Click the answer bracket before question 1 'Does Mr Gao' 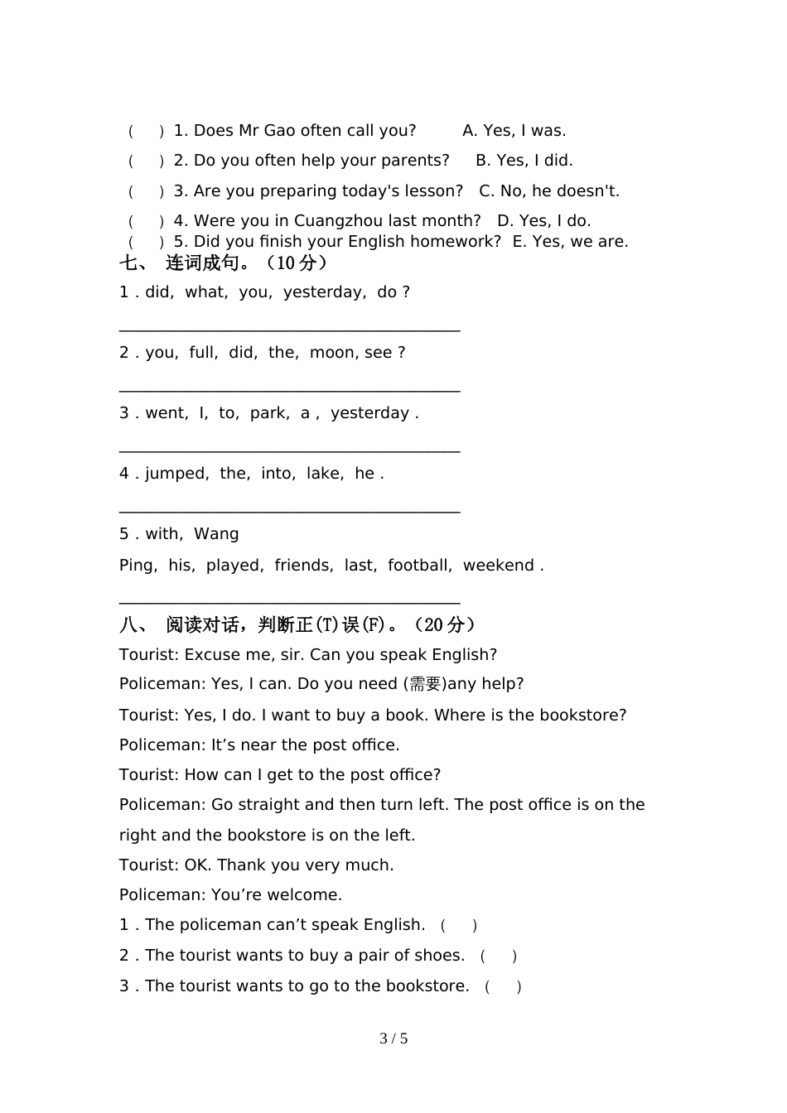click(x=146, y=131)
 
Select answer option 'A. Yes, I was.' click(x=514, y=131)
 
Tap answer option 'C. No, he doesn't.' click(x=548, y=191)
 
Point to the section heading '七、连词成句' click(x=224, y=263)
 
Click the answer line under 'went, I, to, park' click(x=289, y=447)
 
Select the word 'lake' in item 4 click(x=323, y=474)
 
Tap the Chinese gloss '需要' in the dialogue click(x=425, y=685)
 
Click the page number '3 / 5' click(x=393, y=1038)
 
